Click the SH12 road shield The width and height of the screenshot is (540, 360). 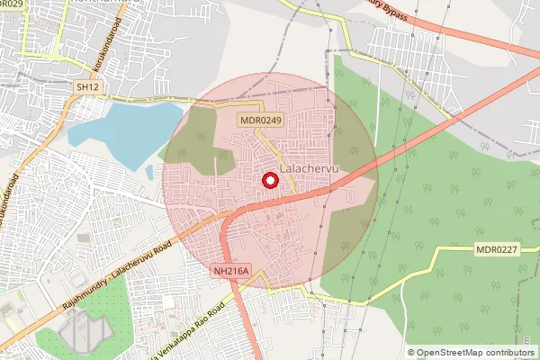coord(85,86)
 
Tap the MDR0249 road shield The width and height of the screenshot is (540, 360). coord(261,120)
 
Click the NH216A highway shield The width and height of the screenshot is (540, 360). coord(231,270)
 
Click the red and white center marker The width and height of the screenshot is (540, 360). coord(269,180)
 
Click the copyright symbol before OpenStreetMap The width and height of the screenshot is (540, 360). coord(411,352)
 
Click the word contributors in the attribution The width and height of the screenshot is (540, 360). coord(507,352)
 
